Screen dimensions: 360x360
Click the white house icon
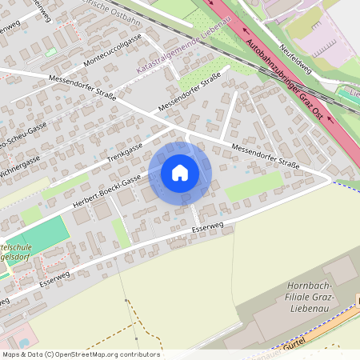pyautogui.click(x=180, y=173)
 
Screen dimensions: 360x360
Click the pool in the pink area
pyautogui.click(x=25, y=342)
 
